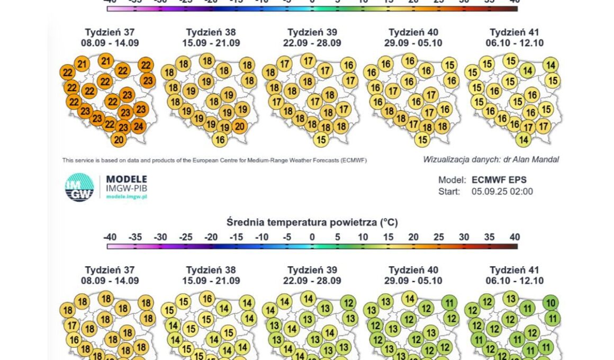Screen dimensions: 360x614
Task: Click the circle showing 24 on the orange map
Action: tap(138, 126)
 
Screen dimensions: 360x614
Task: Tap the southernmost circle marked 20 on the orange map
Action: tap(119, 140)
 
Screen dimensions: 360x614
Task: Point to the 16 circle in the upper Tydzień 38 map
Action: tap(220, 140)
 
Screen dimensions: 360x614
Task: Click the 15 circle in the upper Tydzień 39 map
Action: tap(320, 140)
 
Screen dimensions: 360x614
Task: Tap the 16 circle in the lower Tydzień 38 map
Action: tap(207, 299)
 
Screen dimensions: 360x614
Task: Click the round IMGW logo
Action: tap(79, 187)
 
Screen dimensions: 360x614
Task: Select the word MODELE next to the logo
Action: tap(127, 179)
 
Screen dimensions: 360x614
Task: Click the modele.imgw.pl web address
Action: tap(127, 196)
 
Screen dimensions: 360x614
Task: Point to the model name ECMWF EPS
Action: tap(499, 180)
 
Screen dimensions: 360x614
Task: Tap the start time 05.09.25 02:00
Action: tap(502, 192)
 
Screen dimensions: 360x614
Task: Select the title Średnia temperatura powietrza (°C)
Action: tap(312, 222)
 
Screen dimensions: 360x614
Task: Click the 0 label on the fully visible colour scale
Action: tap(312, 237)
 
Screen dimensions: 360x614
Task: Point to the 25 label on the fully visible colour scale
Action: tap(439, 237)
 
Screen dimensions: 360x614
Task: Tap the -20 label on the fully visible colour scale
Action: tap(211, 237)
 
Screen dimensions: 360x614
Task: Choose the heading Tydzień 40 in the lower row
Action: tap(413, 270)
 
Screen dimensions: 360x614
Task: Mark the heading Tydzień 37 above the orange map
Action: tap(110, 32)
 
